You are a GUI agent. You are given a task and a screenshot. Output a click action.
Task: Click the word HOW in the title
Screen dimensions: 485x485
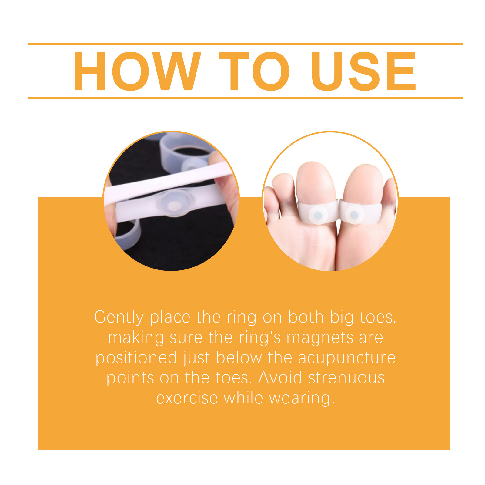(x=137, y=72)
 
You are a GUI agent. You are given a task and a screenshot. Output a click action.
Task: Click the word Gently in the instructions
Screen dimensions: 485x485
(x=119, y=318)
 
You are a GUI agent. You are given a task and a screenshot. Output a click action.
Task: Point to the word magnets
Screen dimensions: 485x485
(x=319, y=338)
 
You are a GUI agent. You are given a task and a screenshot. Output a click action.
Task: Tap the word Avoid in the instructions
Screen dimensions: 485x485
(x=280, y=378)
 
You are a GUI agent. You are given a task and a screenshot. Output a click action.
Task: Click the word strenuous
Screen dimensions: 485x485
(x=346, y=378)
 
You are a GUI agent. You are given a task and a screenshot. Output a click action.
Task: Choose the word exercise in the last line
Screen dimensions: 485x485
(x=187, y=398)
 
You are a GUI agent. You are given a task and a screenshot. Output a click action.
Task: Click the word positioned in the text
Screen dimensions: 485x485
(x=136, y=358)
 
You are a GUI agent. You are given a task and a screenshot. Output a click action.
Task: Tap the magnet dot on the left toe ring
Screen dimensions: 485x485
(x=318, y=216)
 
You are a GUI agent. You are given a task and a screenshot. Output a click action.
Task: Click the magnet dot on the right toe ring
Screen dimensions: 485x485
(x=354, y=216)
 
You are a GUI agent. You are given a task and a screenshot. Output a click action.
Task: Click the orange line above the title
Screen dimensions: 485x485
(x=245, y=44)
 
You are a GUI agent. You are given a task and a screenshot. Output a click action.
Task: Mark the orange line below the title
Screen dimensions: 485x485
(x=245, y=98)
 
